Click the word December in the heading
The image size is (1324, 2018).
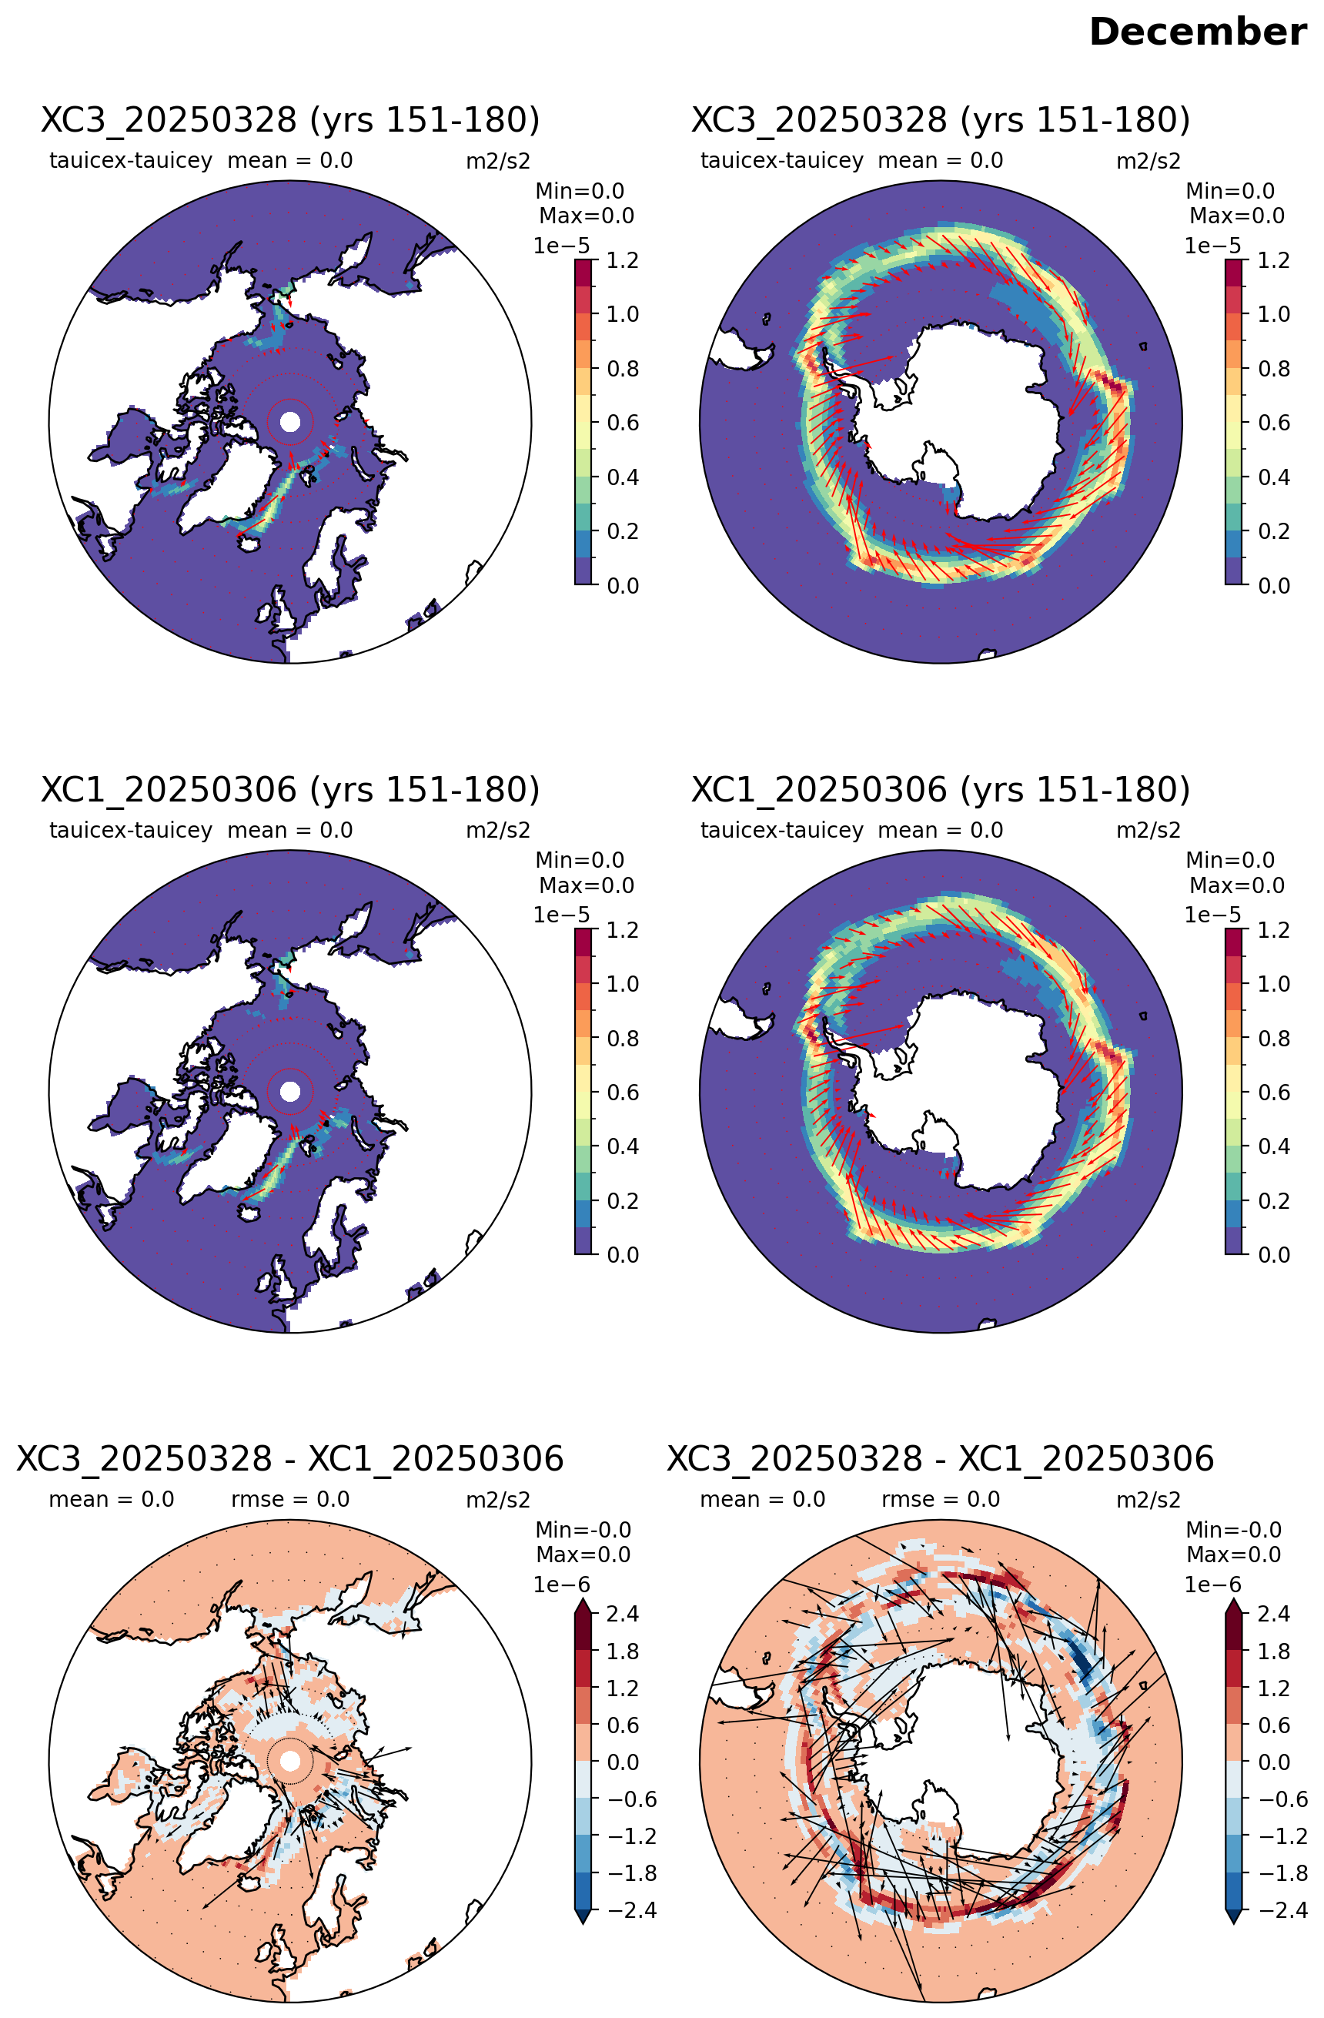click(x=1197, y=32)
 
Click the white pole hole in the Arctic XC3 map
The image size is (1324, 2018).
click(x=290, y=421)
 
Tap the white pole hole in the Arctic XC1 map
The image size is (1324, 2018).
click(x=290, y=1091)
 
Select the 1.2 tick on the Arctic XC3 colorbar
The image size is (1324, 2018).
click(x=623, y=260)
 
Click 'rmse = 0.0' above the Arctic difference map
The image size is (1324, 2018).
click(x=290, y=1499)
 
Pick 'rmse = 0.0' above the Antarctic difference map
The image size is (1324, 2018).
click(x=941, y=1499)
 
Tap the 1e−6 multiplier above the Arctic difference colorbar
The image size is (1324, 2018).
click(x=561, y=1585)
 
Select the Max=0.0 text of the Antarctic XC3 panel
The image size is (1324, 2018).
click(x=1237, y=216)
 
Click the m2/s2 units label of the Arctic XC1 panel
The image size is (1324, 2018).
click(x=498, y=830)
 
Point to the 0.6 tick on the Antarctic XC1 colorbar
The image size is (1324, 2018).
click(x=1274, y=1092)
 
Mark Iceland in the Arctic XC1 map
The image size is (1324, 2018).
click(x=249, y=1213)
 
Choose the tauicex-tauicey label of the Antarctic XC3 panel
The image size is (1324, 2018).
click(x=781, y=160)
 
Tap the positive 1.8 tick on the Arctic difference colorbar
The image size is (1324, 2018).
click(x=623, y=1652)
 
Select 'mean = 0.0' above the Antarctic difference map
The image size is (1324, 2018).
click(x=763, y=1499)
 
